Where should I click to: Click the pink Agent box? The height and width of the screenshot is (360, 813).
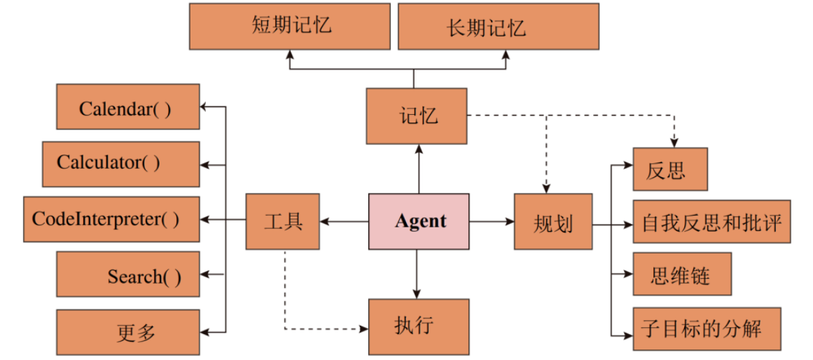[x=419, y=221]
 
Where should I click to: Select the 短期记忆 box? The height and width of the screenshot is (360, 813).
[x=290, y=27]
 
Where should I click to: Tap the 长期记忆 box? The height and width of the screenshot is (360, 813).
[x=498, y=27]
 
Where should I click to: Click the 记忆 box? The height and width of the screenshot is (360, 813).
[x=417, y=116]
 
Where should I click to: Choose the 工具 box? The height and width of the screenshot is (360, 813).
[x=282, y=221]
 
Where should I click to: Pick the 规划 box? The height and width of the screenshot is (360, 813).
[x=553, y=221]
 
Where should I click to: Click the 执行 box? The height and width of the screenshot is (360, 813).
[x=419, y=326]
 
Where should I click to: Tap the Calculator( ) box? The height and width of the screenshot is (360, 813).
[x=120, y=164]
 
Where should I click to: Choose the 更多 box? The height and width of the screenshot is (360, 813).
[x=127, y=332]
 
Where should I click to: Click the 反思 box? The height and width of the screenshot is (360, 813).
[x=670, y=169]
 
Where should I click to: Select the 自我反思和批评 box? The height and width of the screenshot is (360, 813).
[x=711, y=223]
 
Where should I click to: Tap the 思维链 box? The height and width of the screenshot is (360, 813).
[x=682, y=275]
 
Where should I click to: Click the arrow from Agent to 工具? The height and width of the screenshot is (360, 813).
[x=344, y=222]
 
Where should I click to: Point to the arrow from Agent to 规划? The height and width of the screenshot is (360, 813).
[x=492, y=222]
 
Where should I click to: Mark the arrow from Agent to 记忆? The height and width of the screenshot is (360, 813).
[x=418, y=169]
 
